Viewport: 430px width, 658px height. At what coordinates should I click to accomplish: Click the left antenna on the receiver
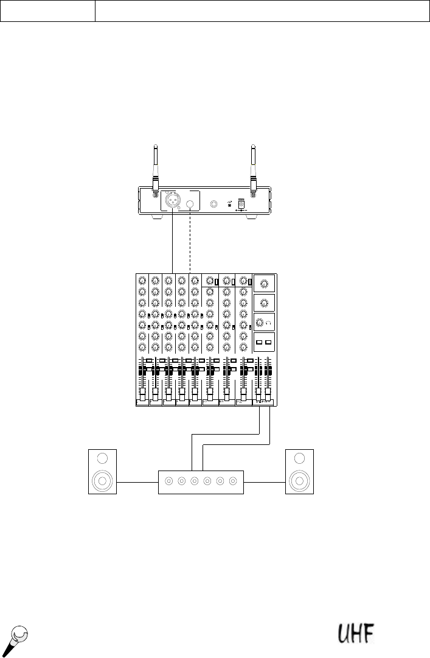[x=156, y=170]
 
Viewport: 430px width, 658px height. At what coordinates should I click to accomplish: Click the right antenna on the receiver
[x=253, y=170]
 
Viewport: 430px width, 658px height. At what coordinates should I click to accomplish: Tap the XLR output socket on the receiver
[x=172, y=200]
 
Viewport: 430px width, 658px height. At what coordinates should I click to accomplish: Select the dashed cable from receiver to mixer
[x=190, y=242]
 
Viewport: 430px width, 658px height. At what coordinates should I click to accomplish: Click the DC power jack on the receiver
[x=241, y=205]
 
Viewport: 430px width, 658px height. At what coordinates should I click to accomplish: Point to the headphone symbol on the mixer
[x=269, y=323]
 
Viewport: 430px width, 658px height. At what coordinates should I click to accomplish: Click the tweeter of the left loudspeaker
[x=102, y=458]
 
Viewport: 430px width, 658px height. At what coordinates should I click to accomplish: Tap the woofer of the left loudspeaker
[x=102, y=480]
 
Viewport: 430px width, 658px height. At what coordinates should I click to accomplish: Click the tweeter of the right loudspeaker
[x=299, y=458]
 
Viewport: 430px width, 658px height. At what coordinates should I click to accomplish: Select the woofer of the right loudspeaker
[x=299, y=480]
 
